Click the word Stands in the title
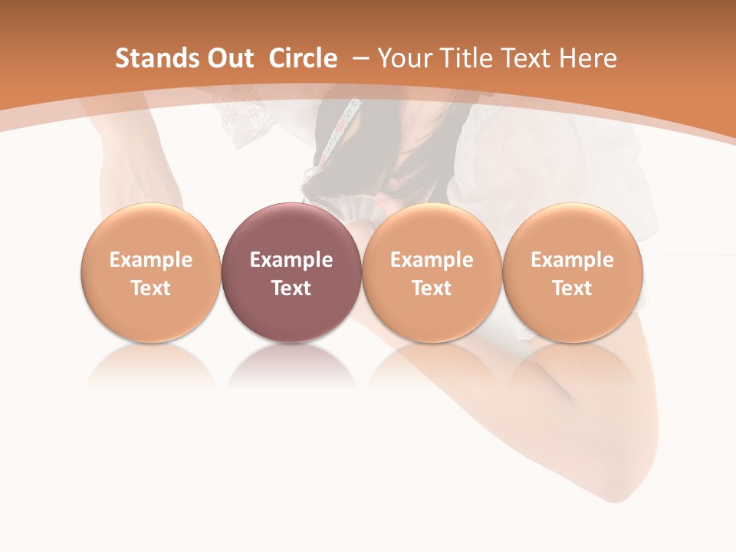click(146, 58)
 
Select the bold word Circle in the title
click(303, 58)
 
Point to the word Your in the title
click(403, 58)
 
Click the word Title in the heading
click(465, 58)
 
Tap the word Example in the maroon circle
click(291, 260)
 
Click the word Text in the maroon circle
click(291, 288)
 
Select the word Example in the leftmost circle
click(150, 260)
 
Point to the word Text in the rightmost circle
click(572, 288)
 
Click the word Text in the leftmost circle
click(150, 288)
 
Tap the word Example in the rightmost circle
click(572, 260)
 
